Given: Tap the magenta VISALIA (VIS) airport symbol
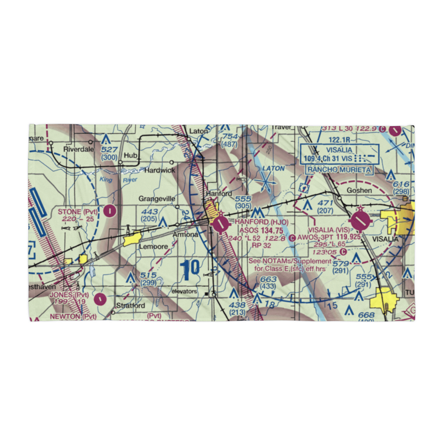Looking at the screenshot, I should pyautogui.click(x=360, y=219).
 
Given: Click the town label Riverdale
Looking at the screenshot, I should pyautogui.click(x=79, y=150).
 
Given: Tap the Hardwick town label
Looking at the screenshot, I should pyautogui.click(x=156, y=170).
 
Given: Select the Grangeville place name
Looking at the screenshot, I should pyautogui.click(x=156, y=199).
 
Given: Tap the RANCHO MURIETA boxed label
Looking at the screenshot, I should pyautogui.click(x=339, y=169).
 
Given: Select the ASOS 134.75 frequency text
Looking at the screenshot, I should pyautogui.click(x=261, y=230).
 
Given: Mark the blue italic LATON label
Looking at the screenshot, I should pyautogui.click(x=273, y=168).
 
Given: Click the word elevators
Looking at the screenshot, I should pyautogui.click(x=184, y=292).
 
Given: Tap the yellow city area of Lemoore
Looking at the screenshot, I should pyautogui.click(x=132, y=239).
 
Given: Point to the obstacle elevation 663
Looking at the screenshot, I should pyautogui.click(x=269, y=279).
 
